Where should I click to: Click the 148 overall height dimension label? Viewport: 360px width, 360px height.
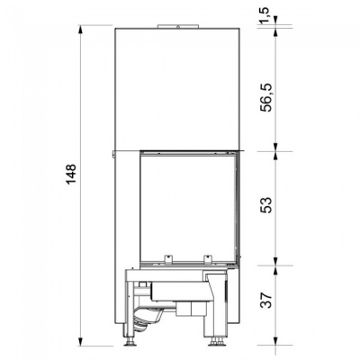tap(71, 175)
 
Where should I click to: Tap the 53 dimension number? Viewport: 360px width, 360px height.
tap(266, 205)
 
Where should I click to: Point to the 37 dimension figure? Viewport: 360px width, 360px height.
tap(266, 300)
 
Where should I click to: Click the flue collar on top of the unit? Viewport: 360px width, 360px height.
tap(178, 26)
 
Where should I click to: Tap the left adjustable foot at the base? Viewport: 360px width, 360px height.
tap(130, 341)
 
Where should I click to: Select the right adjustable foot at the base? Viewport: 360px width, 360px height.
tap(216, 341)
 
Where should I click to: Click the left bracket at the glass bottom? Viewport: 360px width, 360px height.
tap(167, 258)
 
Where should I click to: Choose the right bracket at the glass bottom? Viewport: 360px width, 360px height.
tap(207, 258)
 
